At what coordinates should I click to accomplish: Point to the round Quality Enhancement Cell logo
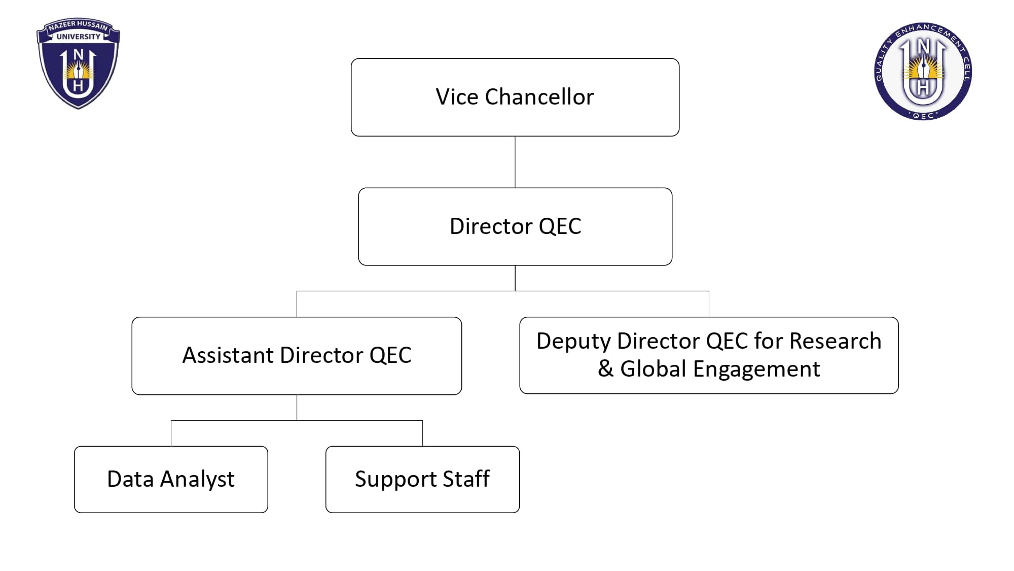pyautogui.click(x=923, y=71)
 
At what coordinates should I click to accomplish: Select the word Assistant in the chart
pyautogui.click(x=228, y=355)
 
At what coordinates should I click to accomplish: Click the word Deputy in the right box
pyautogui.click(x=573, y=342)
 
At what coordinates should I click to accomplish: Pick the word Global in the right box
pyautogui.click(x=653, y=368)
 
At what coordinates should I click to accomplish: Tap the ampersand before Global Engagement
pyautogui.click(x=605, y=368)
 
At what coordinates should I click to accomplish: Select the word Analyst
pyautogui.click(x=197, y=479)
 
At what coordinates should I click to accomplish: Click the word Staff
pyautogui.click(x=466, y=479)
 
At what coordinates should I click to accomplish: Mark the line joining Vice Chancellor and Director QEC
pyautogui.click(x=515, y=162)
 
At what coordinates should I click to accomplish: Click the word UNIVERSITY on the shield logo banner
pyautogui.click(x=78, y=37)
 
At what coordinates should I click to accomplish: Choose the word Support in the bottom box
pyautogui.click(x=395, y=480)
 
